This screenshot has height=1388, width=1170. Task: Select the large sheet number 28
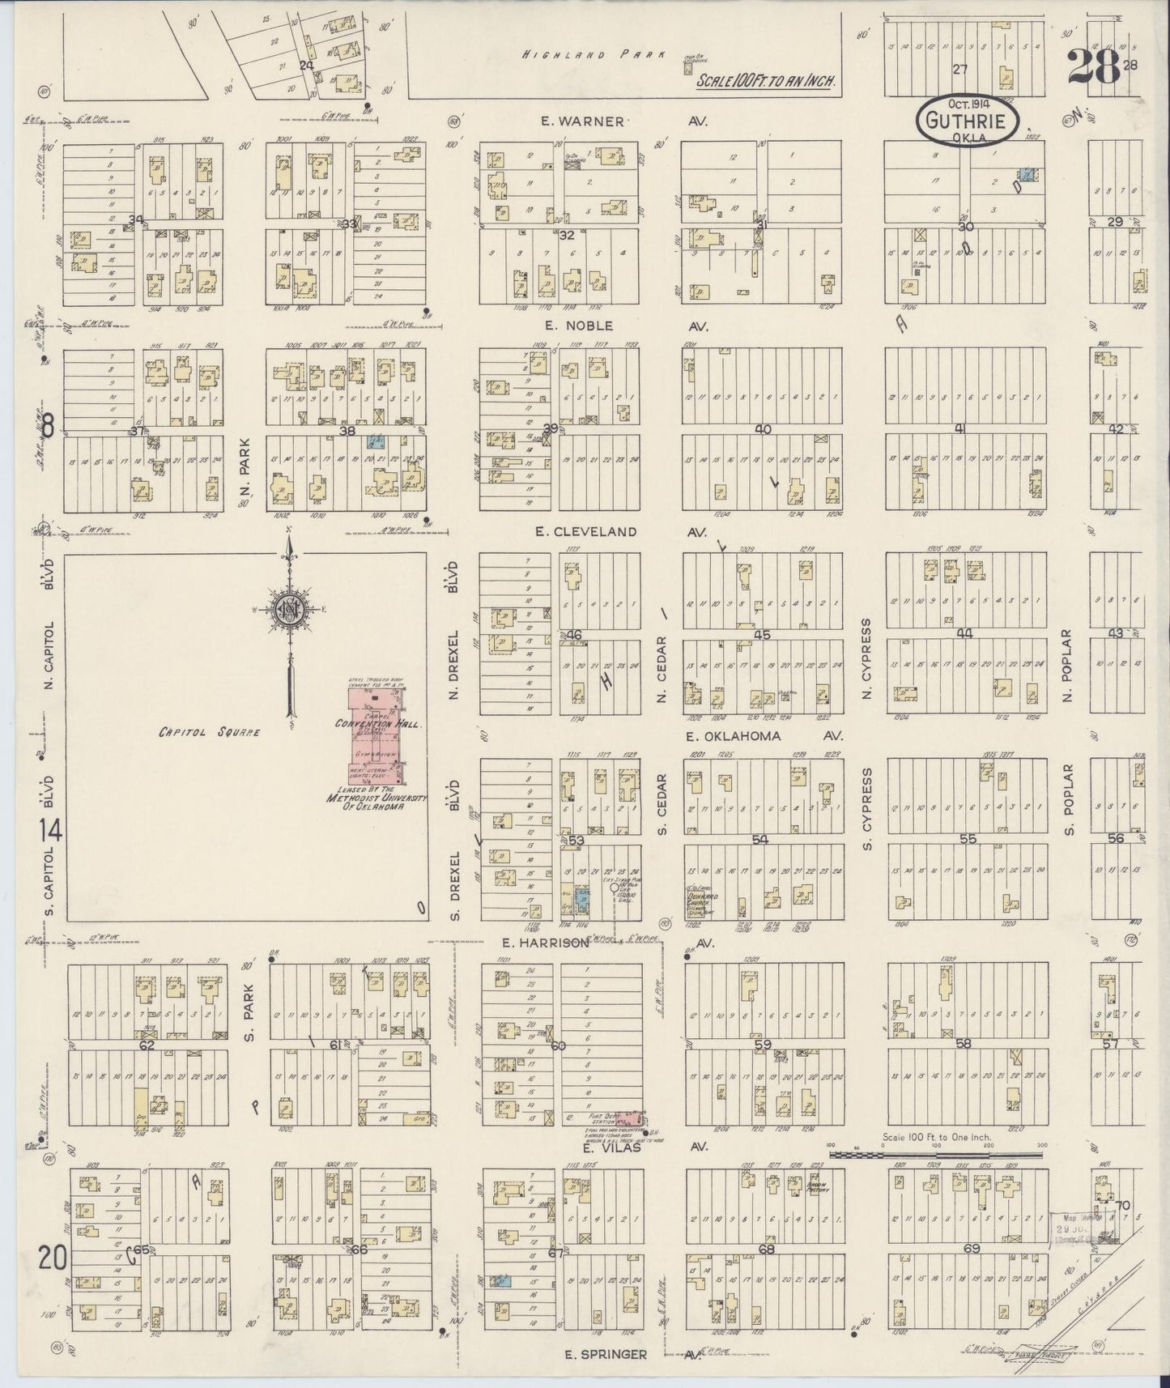[1093, 66]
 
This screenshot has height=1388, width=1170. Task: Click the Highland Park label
[594, 55]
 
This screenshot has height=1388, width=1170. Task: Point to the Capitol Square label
[210, 731]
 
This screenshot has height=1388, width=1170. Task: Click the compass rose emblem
[289, 608]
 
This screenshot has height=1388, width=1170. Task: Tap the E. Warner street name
[585, 121]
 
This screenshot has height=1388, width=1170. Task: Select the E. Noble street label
[581, 326]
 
